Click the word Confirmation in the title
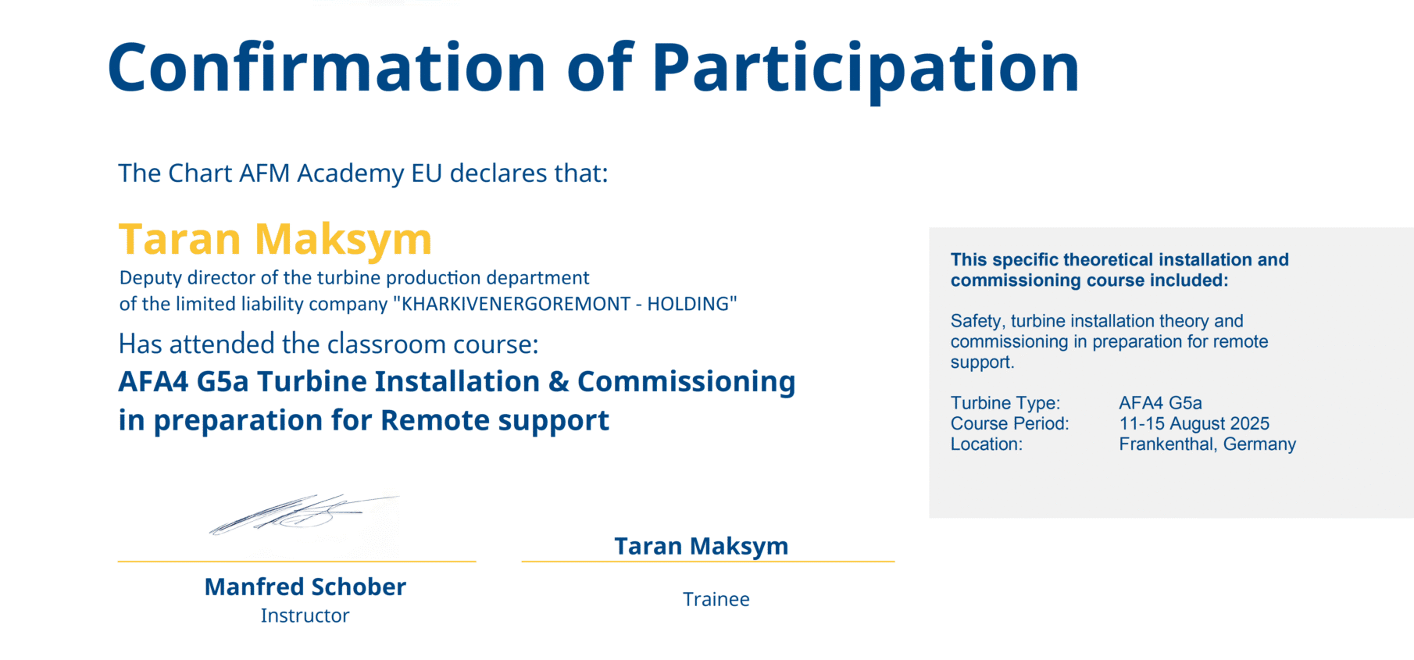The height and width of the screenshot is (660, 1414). [327, 68]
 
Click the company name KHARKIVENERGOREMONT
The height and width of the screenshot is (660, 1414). [516, 304]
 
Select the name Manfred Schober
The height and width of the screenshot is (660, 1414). [305, 587]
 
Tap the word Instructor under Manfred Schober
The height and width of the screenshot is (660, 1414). [305, 615]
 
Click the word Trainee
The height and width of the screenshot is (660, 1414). [716, 599]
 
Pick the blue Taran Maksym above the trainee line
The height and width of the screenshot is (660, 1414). [701, 547]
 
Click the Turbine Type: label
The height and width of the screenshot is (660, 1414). [1005, 403]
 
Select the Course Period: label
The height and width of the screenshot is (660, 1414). [1009, 423]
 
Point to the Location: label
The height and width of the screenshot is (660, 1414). [986, 444]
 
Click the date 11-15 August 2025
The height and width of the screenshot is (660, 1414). [1194, 423]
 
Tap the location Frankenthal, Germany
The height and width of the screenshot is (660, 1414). [1207, 444]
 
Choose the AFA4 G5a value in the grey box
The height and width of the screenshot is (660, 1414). [1160, 403]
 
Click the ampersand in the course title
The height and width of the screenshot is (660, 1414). [559, 382]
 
